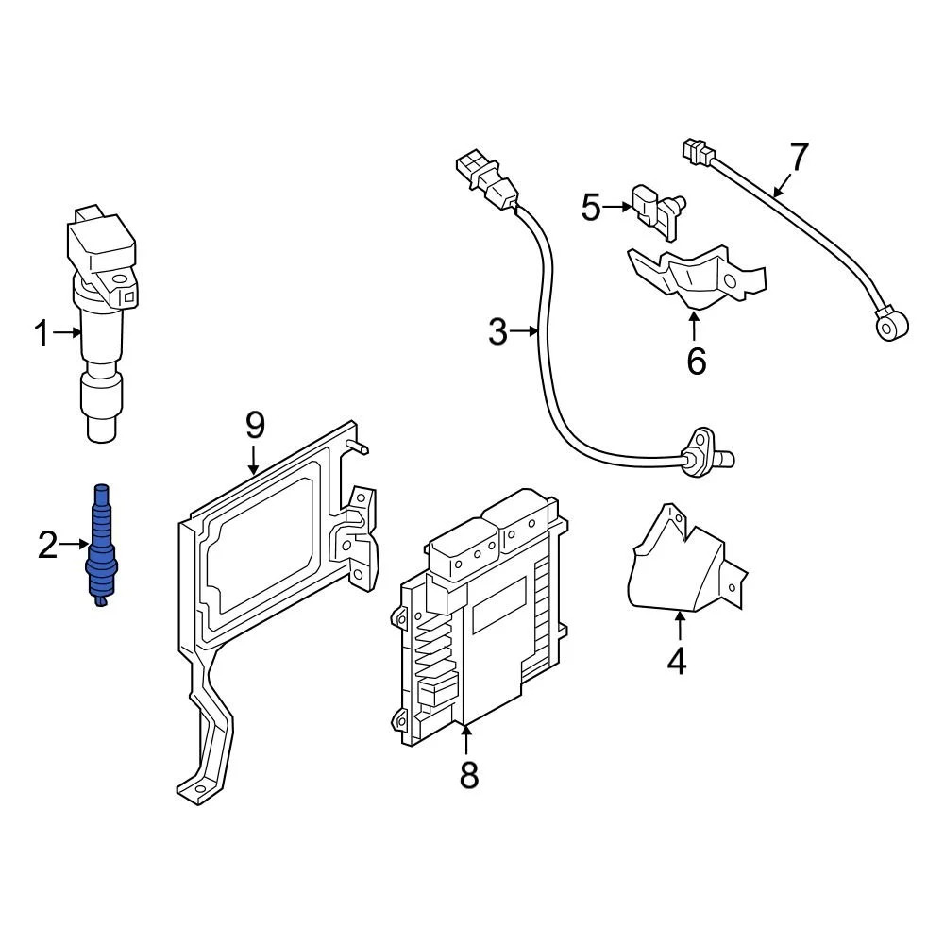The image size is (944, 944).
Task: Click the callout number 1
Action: click(x=41, y=333)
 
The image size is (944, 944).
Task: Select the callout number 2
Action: click(x=47, y=545)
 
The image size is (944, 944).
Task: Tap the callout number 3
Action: click(x=497, y=331)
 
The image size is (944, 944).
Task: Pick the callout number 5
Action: click(x=591, y=207)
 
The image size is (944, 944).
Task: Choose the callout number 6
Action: click(x=696, y=360)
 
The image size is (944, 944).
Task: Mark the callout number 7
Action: click(x=799, y=158)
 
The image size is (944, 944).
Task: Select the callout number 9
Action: click(x=255, y=426)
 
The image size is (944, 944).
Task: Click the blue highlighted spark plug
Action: click(x=101, y=548)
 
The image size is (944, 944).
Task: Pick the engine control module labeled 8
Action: click(x=481, y=623)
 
